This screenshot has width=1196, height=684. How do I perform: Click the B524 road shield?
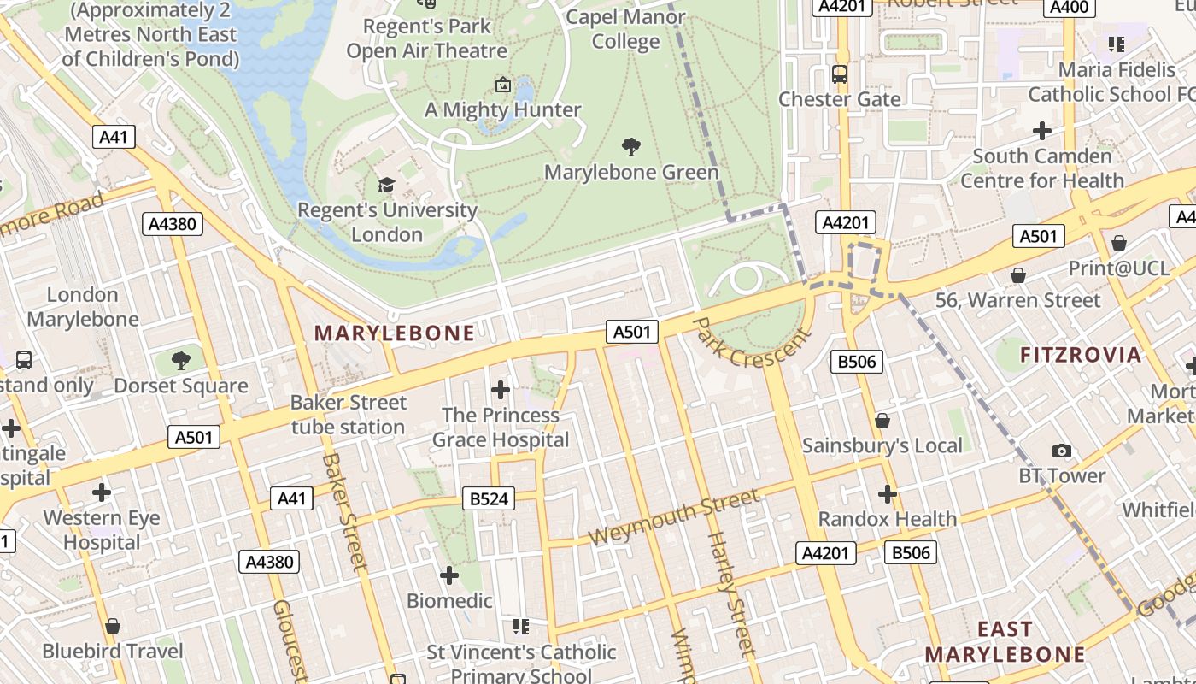point(489,498)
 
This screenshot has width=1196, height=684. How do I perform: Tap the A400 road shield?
point(1069,8)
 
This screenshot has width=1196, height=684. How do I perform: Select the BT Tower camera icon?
point(1062,451)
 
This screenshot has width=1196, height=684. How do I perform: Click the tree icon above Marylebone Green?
point(631,147)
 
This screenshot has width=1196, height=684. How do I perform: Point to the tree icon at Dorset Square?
point(181,361)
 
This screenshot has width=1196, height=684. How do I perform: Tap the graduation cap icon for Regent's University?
point(387,185)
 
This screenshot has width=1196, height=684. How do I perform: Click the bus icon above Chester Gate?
point(840,74)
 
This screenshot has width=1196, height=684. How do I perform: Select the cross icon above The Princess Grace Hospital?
point(501,391)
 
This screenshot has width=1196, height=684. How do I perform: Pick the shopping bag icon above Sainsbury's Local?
point(882,421)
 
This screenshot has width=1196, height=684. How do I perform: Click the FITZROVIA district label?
point(1081,355)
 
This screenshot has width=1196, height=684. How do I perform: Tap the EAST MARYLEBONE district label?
point(1005,642)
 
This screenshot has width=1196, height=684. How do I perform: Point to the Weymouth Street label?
point(674,517)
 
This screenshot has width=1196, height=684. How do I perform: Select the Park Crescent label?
point(751,343)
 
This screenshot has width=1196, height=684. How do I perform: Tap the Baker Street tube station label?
point(348,415)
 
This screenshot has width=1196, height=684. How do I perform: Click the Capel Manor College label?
point(626,29)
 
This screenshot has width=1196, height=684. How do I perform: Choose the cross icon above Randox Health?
point(888,493)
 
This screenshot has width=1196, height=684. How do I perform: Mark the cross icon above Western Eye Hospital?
point(102,492)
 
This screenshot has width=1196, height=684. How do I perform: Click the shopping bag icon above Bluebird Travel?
point(113,626)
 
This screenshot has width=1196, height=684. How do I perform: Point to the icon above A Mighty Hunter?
point(503,85)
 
